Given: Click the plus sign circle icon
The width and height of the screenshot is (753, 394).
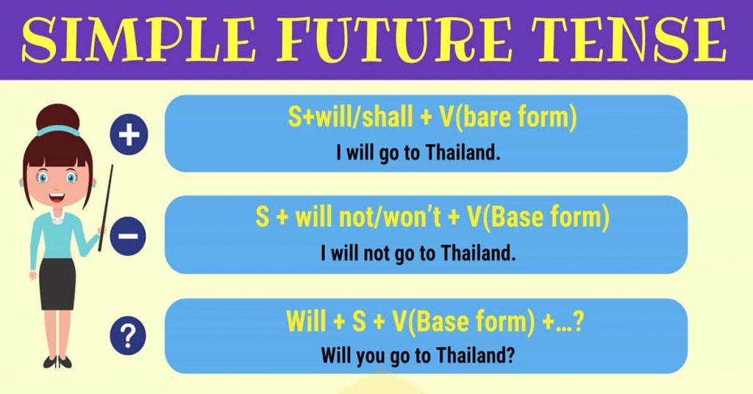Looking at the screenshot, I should [129, 136].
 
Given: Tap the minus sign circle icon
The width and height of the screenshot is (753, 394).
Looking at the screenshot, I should [129, 237].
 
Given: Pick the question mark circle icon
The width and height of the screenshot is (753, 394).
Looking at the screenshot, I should [129, 337].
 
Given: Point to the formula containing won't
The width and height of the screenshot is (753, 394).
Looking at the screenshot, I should [432, 218].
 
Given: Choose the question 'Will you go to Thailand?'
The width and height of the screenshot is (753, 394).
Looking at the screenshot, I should [417, 356].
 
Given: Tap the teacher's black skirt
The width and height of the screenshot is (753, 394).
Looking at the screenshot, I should [57, 283].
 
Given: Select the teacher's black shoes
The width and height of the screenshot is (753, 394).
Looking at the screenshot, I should [57, 361].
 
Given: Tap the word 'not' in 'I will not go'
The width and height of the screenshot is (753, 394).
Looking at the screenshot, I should [376, 254].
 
